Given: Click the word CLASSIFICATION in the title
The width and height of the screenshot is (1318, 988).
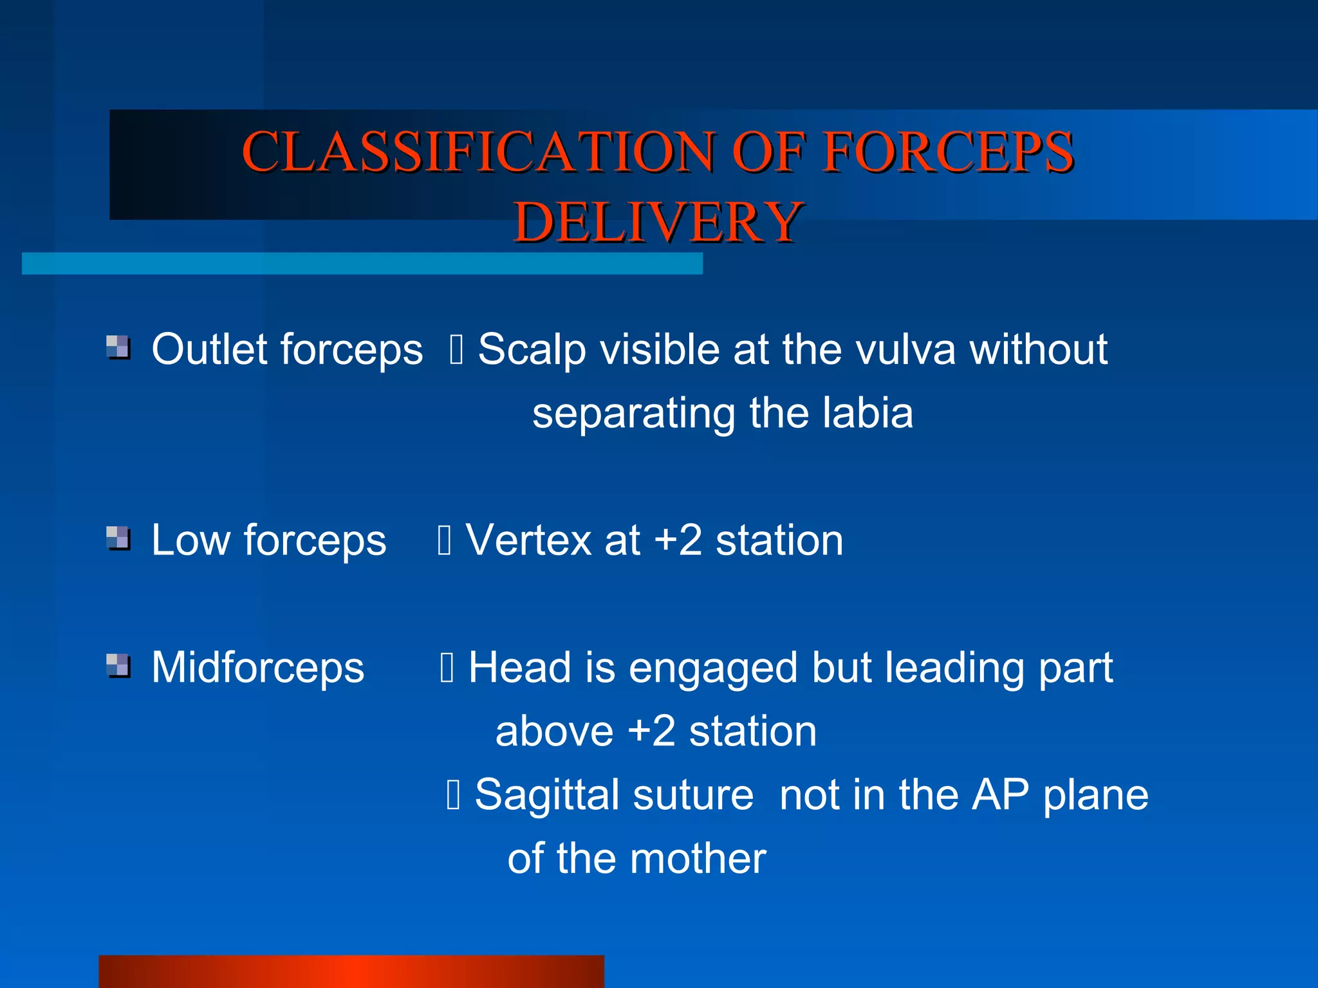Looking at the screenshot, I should (478, 152).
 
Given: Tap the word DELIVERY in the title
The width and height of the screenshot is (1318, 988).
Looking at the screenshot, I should (658, 222).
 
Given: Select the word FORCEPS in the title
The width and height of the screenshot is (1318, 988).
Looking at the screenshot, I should (949, 152).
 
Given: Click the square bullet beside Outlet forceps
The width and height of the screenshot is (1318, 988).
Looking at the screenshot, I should (118, 347).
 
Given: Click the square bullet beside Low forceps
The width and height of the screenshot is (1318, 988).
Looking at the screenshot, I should (118, 538).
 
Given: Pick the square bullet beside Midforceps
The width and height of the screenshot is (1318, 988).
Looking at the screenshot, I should (118, 666).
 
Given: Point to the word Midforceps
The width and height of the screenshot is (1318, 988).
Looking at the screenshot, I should (257, 668).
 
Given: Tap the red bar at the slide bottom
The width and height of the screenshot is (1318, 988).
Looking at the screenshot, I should (351, 971).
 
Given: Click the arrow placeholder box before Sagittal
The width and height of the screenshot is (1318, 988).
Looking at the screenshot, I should (453, 794).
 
